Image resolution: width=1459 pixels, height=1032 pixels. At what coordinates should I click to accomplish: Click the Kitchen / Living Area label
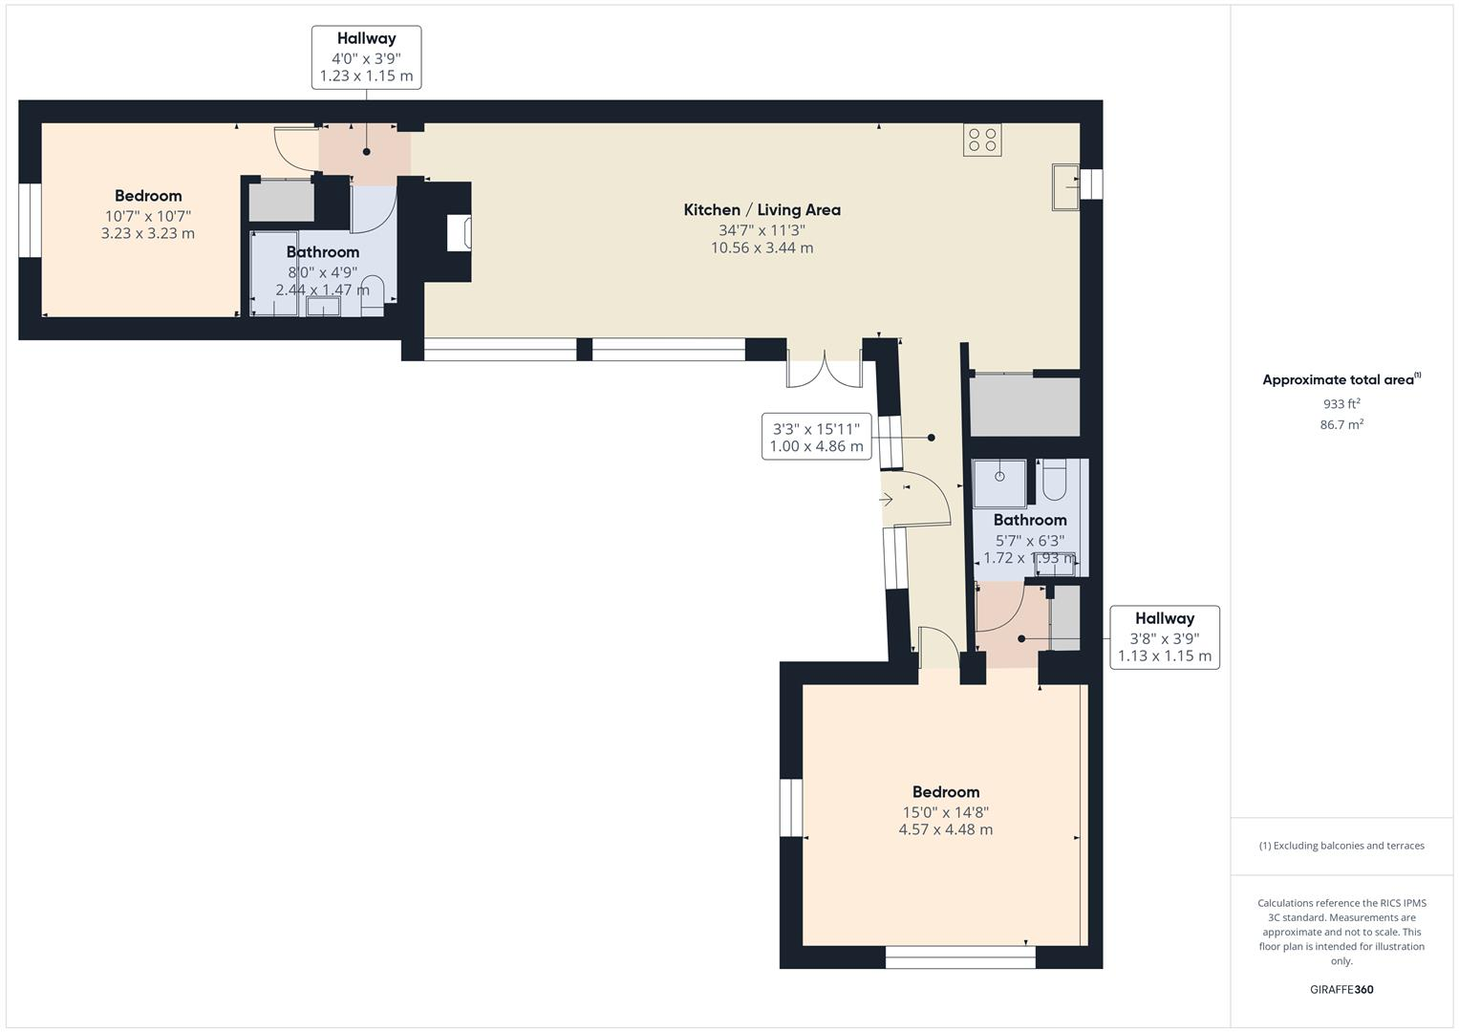tap(762, 210)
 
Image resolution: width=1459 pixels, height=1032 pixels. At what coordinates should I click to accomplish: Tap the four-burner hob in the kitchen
tap(982, 140)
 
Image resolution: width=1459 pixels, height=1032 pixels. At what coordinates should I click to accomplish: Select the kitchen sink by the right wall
tap(1064, 186)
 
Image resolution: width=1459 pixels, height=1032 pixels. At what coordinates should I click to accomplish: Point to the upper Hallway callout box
tap(366, 57)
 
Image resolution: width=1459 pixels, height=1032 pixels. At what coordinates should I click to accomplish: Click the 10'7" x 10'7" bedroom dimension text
tap(148, 216)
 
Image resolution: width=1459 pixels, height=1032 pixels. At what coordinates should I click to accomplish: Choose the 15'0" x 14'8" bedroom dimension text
tap(945, 812)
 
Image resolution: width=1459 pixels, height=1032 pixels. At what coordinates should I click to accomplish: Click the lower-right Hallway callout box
tap(1164, 637)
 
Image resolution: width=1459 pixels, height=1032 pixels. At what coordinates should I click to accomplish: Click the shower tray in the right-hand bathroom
tap(999, 483)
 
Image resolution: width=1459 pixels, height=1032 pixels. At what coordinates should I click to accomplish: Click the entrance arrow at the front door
tap(886, 499)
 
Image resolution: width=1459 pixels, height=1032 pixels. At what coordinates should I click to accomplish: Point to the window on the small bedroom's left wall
tap(31, 221)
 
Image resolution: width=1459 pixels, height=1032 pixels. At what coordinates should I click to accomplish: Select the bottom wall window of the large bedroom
tap(960, 957)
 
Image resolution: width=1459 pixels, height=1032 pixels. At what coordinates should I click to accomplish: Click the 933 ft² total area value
tap(1341, 404)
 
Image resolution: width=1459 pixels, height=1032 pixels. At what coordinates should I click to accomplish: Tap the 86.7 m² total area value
tap(1341, 425)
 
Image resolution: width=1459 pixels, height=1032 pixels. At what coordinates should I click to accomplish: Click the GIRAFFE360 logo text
tap(1341, 990)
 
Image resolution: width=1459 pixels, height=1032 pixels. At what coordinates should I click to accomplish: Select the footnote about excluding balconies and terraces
tap(1341, 846)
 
